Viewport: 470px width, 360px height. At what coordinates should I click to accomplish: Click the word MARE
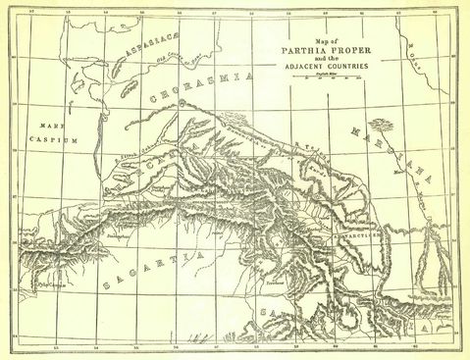[45, 128]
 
